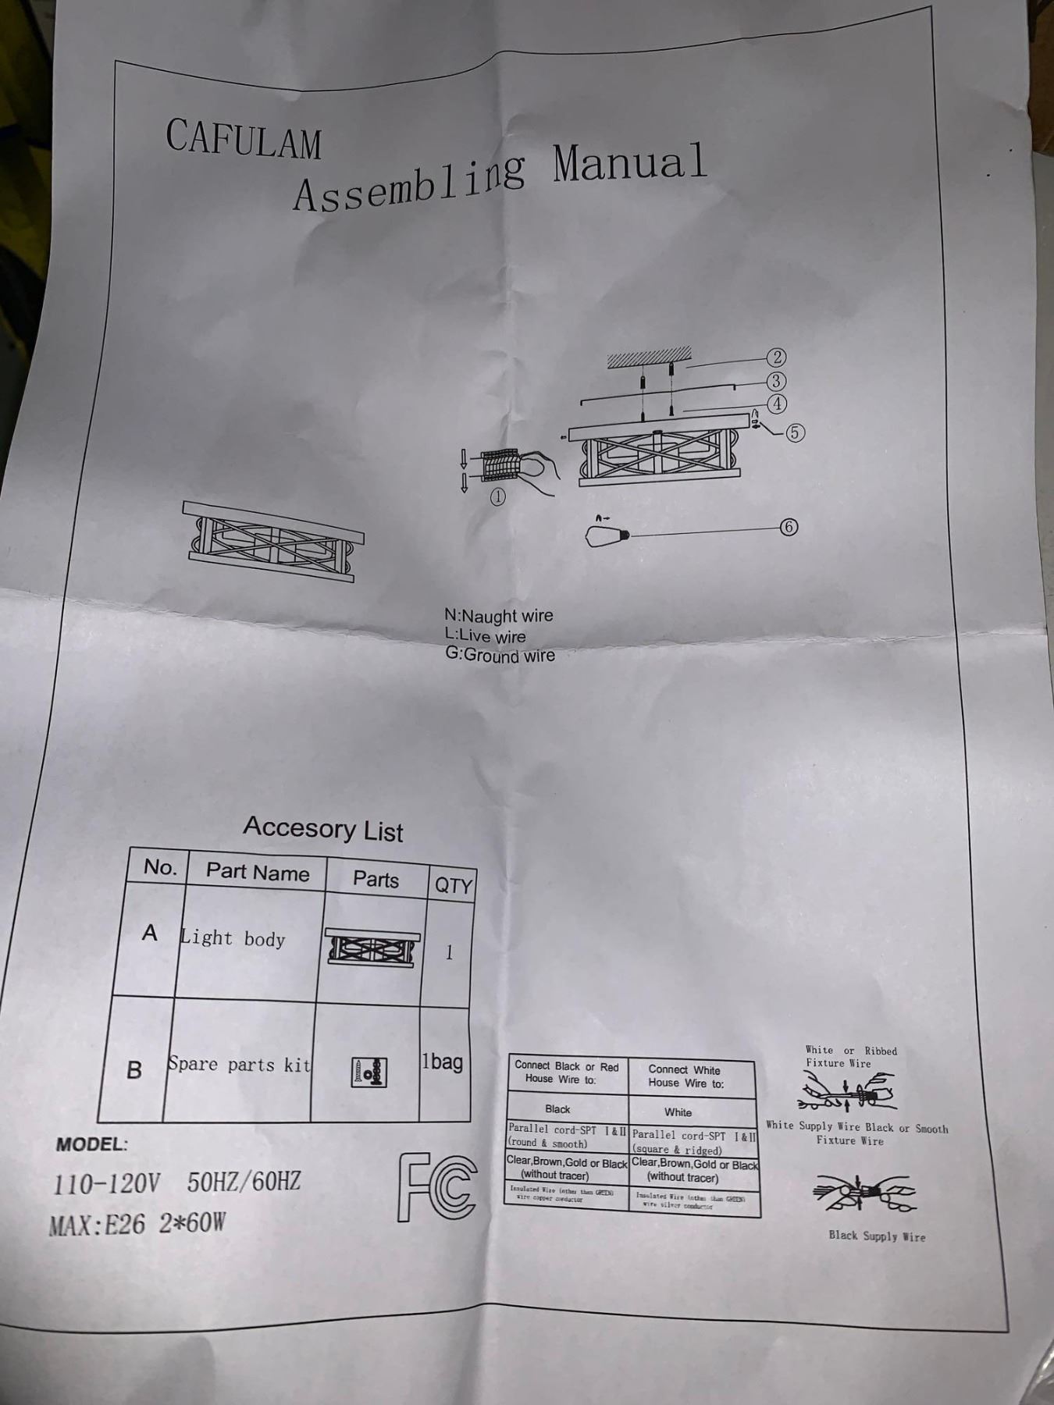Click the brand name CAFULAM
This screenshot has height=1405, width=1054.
pyautogui.click(x=243, y=139)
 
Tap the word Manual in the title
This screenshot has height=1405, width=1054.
pyautogui.click(x=629, y=164)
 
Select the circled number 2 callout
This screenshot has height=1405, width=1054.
pyautogui.click(x=776, y=357)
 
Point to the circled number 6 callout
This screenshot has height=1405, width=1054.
pyautogui.click(x=789, y=527)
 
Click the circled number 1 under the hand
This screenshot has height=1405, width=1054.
pyautogui.click(x=497, y=496)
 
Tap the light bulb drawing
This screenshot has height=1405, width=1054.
pyautogui.click(x=607, y=535)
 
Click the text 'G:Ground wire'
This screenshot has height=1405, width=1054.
pyautogui.click(x=500, y=655)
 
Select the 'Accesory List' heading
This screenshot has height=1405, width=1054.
pyautogui.click(x=322, y=828)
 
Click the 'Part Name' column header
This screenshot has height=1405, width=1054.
pyautogui.click(x=257, y=872)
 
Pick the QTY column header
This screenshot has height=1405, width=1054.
pyautogui.click(x=453, y=885)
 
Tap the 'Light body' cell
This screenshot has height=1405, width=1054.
pyautogui.click(x=233, y=938)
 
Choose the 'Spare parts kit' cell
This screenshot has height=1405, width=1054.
pyautogui.click(x=239, y=1065)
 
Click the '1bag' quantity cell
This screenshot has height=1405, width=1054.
pyautogui.click(x=443, y=1062)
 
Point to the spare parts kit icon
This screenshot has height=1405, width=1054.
pyautogui.click(x=369, y=1072)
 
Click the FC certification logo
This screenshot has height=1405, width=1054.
pyautogui.click(x=437, y=1187)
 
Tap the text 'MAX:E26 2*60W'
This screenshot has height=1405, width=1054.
pyautogui.click(x=137, y=1223)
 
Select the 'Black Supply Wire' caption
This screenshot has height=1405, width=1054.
pyautogui.click(x=877, y=1236)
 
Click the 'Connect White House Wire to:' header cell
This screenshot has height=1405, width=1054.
pyautogui.click(x=685, y=1076)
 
